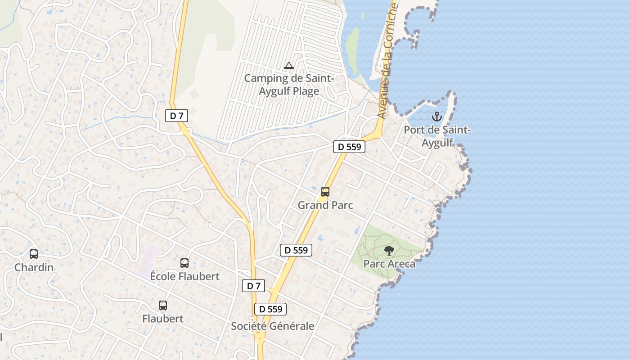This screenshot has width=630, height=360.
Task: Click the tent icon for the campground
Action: (289, 66)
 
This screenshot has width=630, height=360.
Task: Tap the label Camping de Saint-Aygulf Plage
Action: (288, 85)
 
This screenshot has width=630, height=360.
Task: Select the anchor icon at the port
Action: (436, 117)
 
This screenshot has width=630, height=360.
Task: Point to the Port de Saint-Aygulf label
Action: (437, 136)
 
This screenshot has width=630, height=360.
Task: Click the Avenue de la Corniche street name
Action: (387, 61)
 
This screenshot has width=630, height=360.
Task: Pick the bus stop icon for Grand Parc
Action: (325, 192)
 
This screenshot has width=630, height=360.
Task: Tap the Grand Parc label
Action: (325, 205)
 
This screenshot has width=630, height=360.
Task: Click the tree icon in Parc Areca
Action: (389, 251)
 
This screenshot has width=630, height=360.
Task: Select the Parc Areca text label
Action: (389, 264)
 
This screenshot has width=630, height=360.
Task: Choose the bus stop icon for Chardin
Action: (34, 254)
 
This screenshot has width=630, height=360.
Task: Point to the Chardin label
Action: (34, 267)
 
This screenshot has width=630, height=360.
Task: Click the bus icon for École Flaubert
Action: (184, 263)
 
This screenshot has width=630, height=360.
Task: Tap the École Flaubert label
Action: (184, 276)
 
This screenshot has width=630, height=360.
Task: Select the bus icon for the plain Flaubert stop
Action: (163, 306)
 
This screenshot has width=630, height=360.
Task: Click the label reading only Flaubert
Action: (163, 319)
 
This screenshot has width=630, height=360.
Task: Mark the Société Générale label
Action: (272, 326)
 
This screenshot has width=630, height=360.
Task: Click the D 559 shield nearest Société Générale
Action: (270, 309)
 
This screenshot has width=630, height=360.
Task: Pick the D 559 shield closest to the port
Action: (349, 147)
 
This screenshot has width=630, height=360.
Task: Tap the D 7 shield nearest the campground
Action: (176, 116)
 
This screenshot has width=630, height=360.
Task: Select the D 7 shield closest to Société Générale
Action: (253, 286)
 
